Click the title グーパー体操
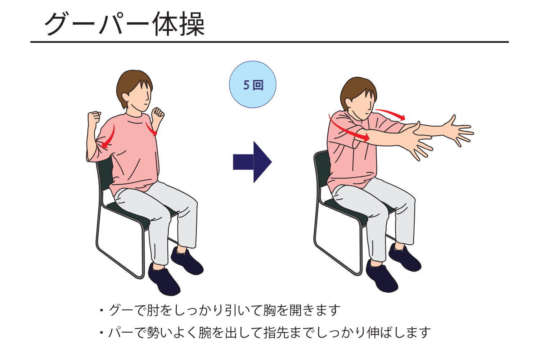tap(125, 24)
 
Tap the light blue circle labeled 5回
tap(253, 84)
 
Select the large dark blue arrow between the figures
tap(252, 162)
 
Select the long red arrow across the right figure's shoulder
tap(347, 130)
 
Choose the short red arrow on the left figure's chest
tap(152, 129)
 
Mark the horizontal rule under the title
tap(270, 42)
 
